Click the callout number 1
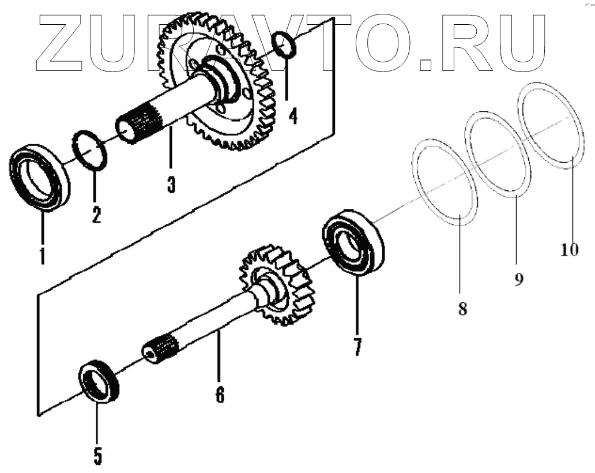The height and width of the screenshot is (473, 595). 42,254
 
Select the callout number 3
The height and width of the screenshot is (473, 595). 171,184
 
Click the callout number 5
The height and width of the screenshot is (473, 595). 97,455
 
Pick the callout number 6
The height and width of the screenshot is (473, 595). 220,394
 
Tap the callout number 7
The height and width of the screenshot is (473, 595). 357,346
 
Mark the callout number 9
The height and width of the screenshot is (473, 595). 518,280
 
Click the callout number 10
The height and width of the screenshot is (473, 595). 568,250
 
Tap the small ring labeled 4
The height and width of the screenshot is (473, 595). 284,44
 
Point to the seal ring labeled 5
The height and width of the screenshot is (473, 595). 99,380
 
